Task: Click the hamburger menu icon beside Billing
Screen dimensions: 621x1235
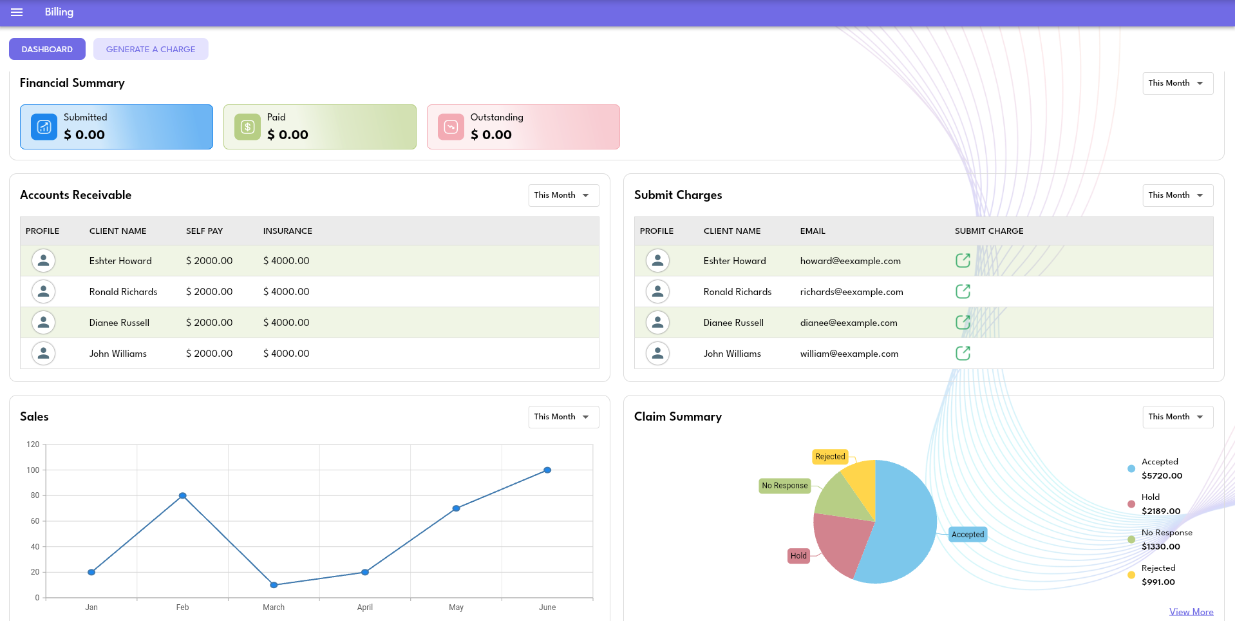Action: (17, 12)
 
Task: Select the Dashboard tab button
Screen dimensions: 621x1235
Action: (47, 49)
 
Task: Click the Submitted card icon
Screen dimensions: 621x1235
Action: (44, 127)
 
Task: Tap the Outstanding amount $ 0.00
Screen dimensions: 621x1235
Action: (491, 135)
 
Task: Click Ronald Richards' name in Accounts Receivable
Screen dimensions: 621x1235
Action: (123, 292)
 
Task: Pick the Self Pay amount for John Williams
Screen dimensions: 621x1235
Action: (209, 354)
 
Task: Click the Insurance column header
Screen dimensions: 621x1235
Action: (287, 231)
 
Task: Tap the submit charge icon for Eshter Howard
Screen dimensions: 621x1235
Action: (963, 260)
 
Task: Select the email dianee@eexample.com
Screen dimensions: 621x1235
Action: (848, 323)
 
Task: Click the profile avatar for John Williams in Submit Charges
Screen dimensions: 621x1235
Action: (657, 353)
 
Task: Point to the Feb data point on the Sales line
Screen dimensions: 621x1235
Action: (183, 495)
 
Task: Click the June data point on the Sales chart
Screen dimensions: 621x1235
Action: (547, 470)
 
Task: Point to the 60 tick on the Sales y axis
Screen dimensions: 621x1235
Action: (35, 521)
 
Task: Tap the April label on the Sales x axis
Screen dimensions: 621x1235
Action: (365, 607)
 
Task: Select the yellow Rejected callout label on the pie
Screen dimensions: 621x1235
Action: (830, 457)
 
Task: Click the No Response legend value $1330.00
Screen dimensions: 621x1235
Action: (1160, 547)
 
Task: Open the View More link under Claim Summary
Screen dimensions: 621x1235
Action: (1191, 612)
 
